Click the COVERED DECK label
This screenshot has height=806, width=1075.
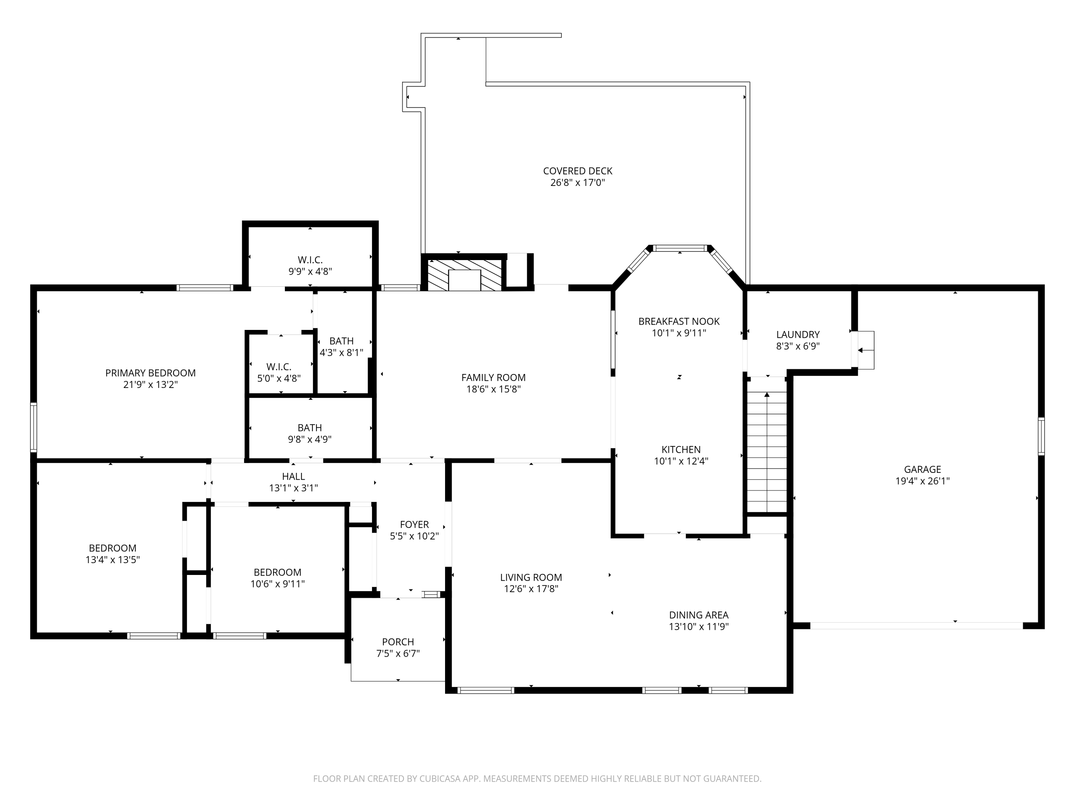[x=577, y=171]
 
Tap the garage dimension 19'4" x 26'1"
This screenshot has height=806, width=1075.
[x=922, y=481]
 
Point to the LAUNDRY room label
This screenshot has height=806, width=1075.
[x=798, y=334]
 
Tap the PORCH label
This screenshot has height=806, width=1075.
[x=398, y=642]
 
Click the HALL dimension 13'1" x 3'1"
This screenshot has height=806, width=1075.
[x=293, y=488]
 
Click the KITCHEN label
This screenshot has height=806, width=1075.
[x=681, y=450]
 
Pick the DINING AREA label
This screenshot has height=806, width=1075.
[x=699, y=615]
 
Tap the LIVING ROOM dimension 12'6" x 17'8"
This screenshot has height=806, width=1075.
[x=531, y=589]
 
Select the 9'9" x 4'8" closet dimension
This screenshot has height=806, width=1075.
[x=310, y=271]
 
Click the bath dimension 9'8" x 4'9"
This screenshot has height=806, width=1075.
[x=310, y=439]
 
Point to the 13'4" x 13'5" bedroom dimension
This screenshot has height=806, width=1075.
[x=113, y=559]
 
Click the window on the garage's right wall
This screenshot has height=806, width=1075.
[x=1041, y=436]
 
